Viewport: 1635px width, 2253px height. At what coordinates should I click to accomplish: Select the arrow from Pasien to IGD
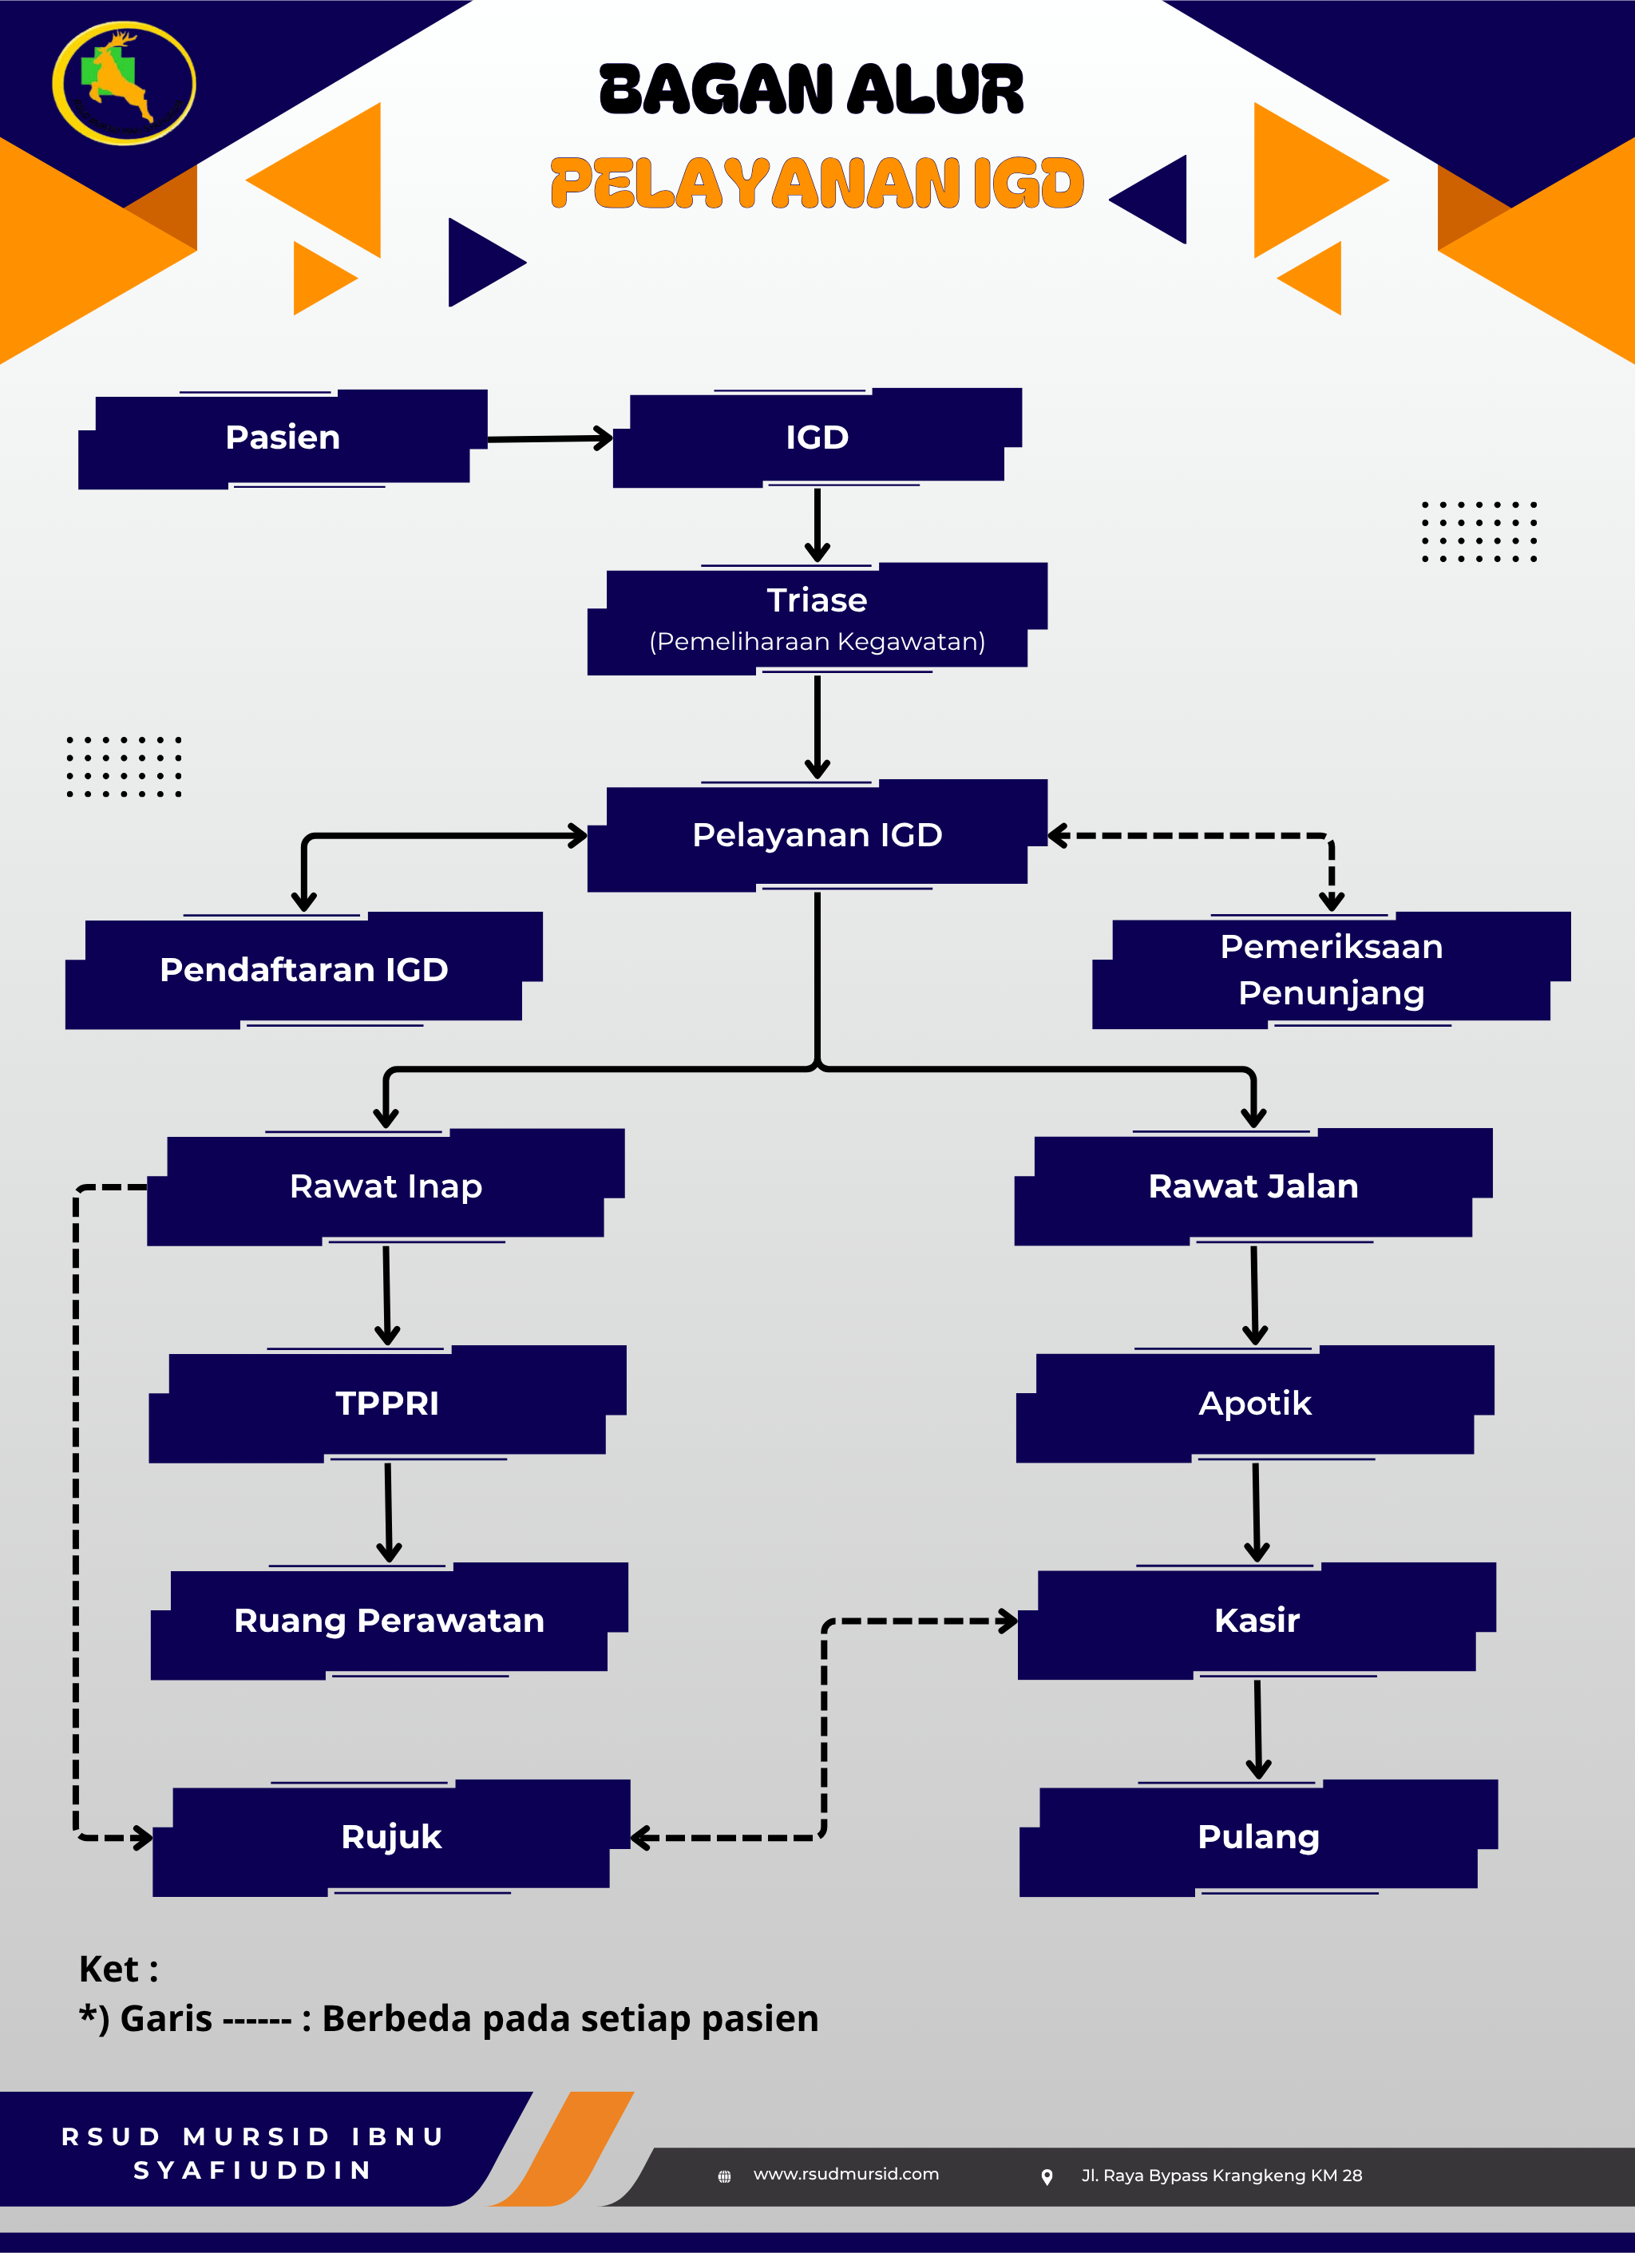(549, 438)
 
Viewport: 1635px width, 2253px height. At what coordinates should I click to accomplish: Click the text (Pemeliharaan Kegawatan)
(817, 642)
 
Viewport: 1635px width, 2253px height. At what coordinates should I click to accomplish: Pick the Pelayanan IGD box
(817, 835)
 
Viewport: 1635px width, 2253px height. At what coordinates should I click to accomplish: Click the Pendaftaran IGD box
(304, 969)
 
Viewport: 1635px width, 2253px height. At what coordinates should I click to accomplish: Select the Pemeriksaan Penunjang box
(1331, 969)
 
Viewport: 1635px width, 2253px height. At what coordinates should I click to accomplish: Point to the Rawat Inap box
(386, 1186)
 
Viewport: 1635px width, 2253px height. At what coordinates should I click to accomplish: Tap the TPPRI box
(387, 1403)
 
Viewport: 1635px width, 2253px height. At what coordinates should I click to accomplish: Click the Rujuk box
(391, 1837)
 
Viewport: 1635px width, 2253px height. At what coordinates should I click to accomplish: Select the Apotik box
(1254, 1403)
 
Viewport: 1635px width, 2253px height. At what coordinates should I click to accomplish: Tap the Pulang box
(1258, 1837)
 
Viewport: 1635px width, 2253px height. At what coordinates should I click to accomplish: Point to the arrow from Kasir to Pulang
(1257, 1728)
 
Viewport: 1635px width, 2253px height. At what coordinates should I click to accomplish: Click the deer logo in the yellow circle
(123, 84)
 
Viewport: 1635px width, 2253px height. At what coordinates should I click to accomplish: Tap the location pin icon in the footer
(1046, 2176)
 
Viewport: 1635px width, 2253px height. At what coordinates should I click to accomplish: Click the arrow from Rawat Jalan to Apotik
(1254, 1294)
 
